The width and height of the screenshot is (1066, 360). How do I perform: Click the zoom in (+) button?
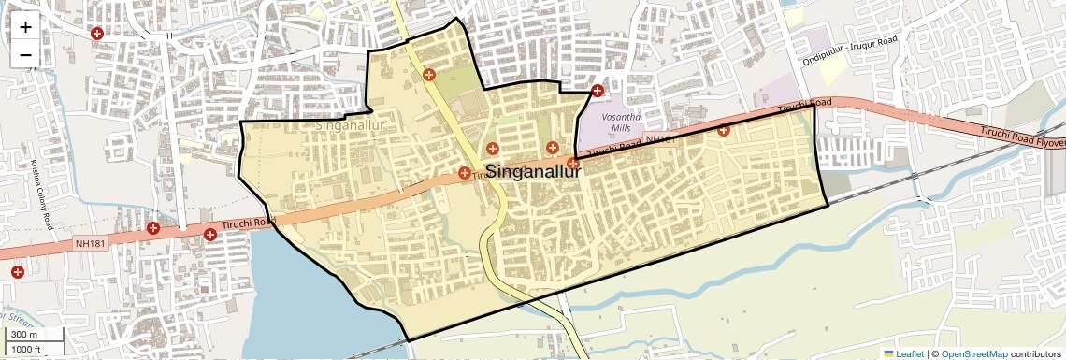tap(25, 27)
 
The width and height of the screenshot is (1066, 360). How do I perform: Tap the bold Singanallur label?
tap(533, 172)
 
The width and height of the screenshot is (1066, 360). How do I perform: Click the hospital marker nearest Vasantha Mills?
tap(598, 91)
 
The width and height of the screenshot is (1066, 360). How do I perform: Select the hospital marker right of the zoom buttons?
tap(96, 34)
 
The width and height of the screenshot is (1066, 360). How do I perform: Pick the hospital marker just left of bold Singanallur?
tap(465, 172)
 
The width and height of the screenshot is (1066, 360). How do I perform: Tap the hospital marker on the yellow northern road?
tap(429, 75)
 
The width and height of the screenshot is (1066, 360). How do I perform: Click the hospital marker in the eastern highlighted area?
tap(723, 130)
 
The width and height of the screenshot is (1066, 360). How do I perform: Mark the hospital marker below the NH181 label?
tap(17, 271)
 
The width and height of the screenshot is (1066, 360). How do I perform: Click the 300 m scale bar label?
tap(24, 335)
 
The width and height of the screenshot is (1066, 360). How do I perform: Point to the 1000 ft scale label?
tap(26, 349)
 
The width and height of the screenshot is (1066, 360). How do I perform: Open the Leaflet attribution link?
tap(904, 353)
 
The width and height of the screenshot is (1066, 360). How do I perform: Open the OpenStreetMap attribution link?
tap(974, 353)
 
